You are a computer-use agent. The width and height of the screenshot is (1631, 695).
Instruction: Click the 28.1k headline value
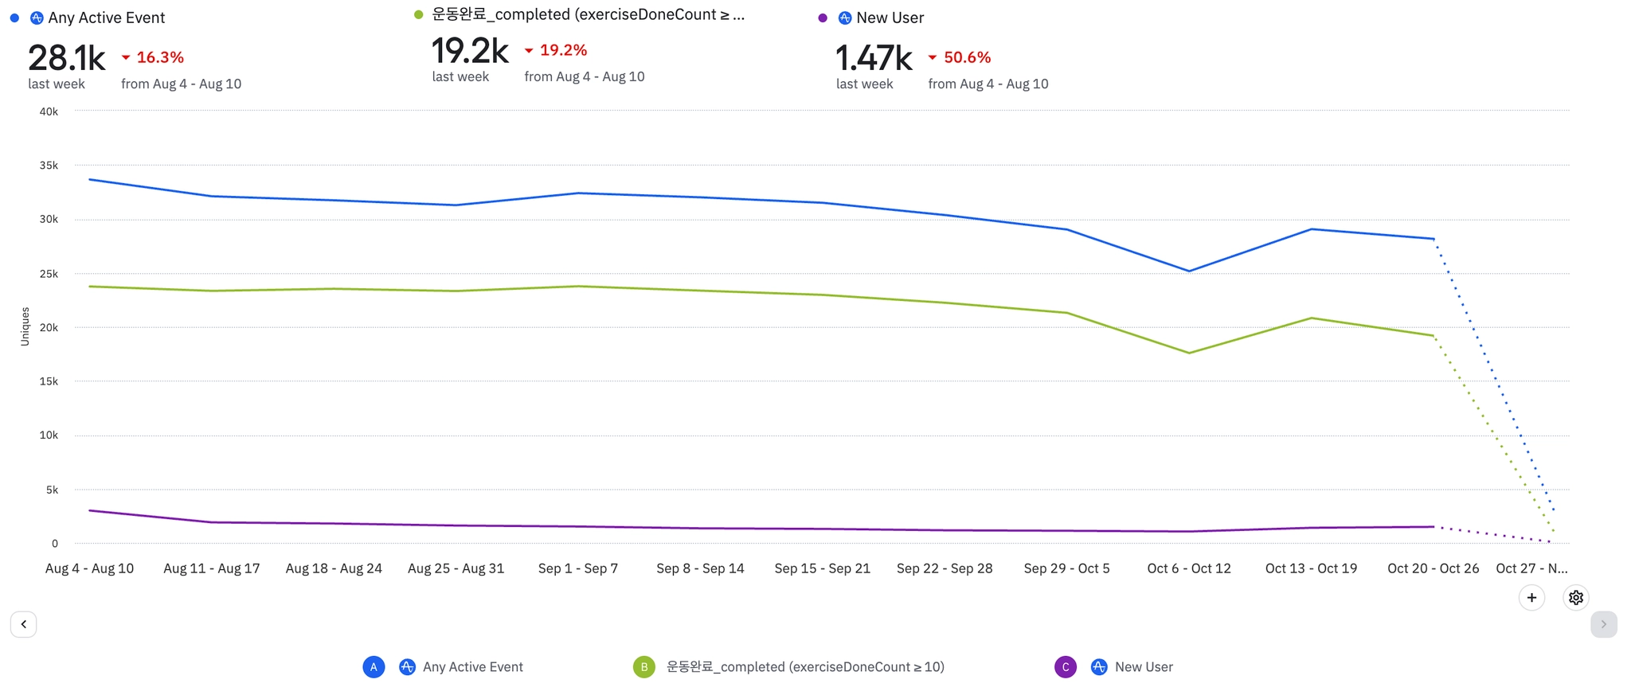click(x=67, y=58)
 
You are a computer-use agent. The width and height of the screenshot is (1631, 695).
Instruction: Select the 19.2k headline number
click(x=470, y=51)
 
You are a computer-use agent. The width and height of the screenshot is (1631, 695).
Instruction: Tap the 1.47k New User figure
click(x=874, y=58)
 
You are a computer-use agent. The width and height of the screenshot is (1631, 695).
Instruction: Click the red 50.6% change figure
click(x=967, y=57)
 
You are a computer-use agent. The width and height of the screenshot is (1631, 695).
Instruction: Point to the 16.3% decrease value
click(x=160, y=57)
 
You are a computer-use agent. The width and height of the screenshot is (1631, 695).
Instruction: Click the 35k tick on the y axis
click(x=49, y=166)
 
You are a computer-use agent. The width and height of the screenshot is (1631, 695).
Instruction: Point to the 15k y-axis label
click(x=49, y=381)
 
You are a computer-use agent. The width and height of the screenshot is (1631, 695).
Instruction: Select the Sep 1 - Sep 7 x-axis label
click(x=578, y=568)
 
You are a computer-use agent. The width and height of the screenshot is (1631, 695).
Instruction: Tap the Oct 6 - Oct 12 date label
click(x=1189, y=568)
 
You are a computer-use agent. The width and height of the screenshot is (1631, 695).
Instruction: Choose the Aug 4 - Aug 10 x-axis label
click(x=89, y=568)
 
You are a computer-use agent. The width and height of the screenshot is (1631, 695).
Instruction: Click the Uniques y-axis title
click(x=25, y=326)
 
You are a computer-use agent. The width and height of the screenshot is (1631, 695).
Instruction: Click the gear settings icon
click(x=1575, y=598)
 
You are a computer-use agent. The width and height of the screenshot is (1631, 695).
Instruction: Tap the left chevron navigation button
click(x=24, y=624)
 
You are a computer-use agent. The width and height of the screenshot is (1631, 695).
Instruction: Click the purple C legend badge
click(x=1066, y=667)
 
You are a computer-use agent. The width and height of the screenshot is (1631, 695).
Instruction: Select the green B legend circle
click(x=644, y=667)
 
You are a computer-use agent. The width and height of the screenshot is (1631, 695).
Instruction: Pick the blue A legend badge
click(x=374, y=667)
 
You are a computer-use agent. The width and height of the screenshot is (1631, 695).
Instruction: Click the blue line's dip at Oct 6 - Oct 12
click(x=1189, y=271)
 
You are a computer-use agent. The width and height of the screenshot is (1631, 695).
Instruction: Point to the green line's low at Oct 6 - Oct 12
click(x=1189, y=353)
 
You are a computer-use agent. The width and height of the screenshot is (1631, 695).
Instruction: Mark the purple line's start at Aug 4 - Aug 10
click(x=90, y=510)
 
